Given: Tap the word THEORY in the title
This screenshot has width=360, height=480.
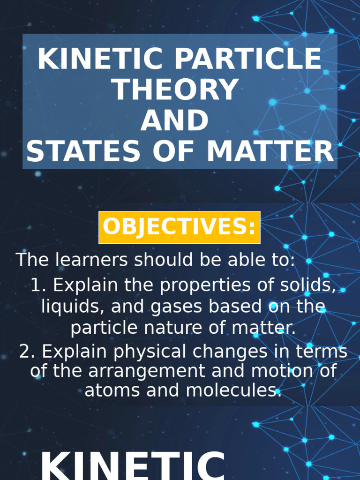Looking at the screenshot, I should click(176, 90).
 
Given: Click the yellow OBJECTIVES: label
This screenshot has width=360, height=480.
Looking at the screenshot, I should click(179, 227).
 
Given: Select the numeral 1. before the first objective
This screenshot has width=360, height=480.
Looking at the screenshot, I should click(38, 285).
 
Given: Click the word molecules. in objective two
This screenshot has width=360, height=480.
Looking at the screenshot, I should click(234, 390).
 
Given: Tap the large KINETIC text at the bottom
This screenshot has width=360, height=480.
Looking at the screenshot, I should click(133, 466).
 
